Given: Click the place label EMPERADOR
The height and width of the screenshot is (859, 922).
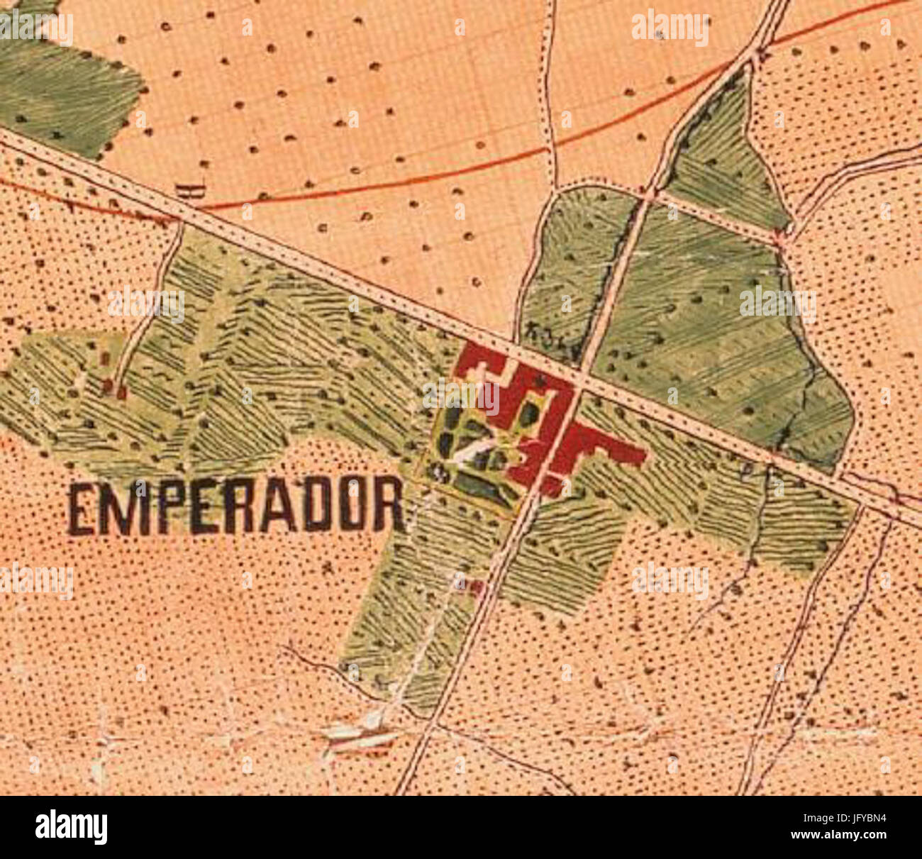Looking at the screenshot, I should point(236,506).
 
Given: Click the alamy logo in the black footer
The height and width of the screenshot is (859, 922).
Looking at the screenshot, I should point(71,827).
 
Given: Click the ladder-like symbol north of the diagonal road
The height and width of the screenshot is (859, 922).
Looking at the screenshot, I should point(190,189).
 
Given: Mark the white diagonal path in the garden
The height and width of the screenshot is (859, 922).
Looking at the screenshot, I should point(472,448).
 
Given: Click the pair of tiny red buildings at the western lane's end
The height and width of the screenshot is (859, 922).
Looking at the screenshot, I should point(113,388).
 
